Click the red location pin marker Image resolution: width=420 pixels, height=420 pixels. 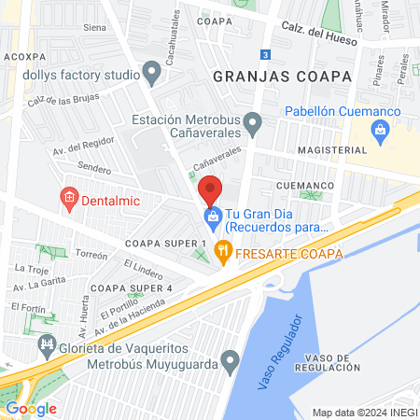211,189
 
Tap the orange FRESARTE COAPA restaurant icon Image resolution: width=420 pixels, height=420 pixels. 222,249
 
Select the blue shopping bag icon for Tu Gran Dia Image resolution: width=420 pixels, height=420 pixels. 212,217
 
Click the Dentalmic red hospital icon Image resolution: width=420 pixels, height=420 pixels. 68,197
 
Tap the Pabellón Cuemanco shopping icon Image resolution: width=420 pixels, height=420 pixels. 380,132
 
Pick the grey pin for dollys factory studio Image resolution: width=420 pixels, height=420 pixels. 152,71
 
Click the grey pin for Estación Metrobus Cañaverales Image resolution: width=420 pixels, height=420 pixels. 251,120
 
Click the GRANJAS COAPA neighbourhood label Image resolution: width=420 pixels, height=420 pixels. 282,76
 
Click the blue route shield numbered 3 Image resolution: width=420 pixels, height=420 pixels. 265,55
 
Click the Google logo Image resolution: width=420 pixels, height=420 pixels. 31,408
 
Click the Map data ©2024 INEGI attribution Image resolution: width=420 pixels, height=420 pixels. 364,412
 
